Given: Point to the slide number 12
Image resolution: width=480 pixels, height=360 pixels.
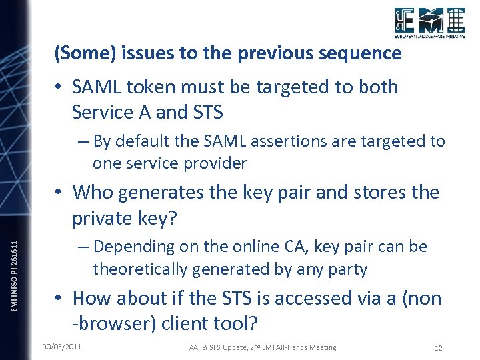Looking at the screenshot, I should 438,348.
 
